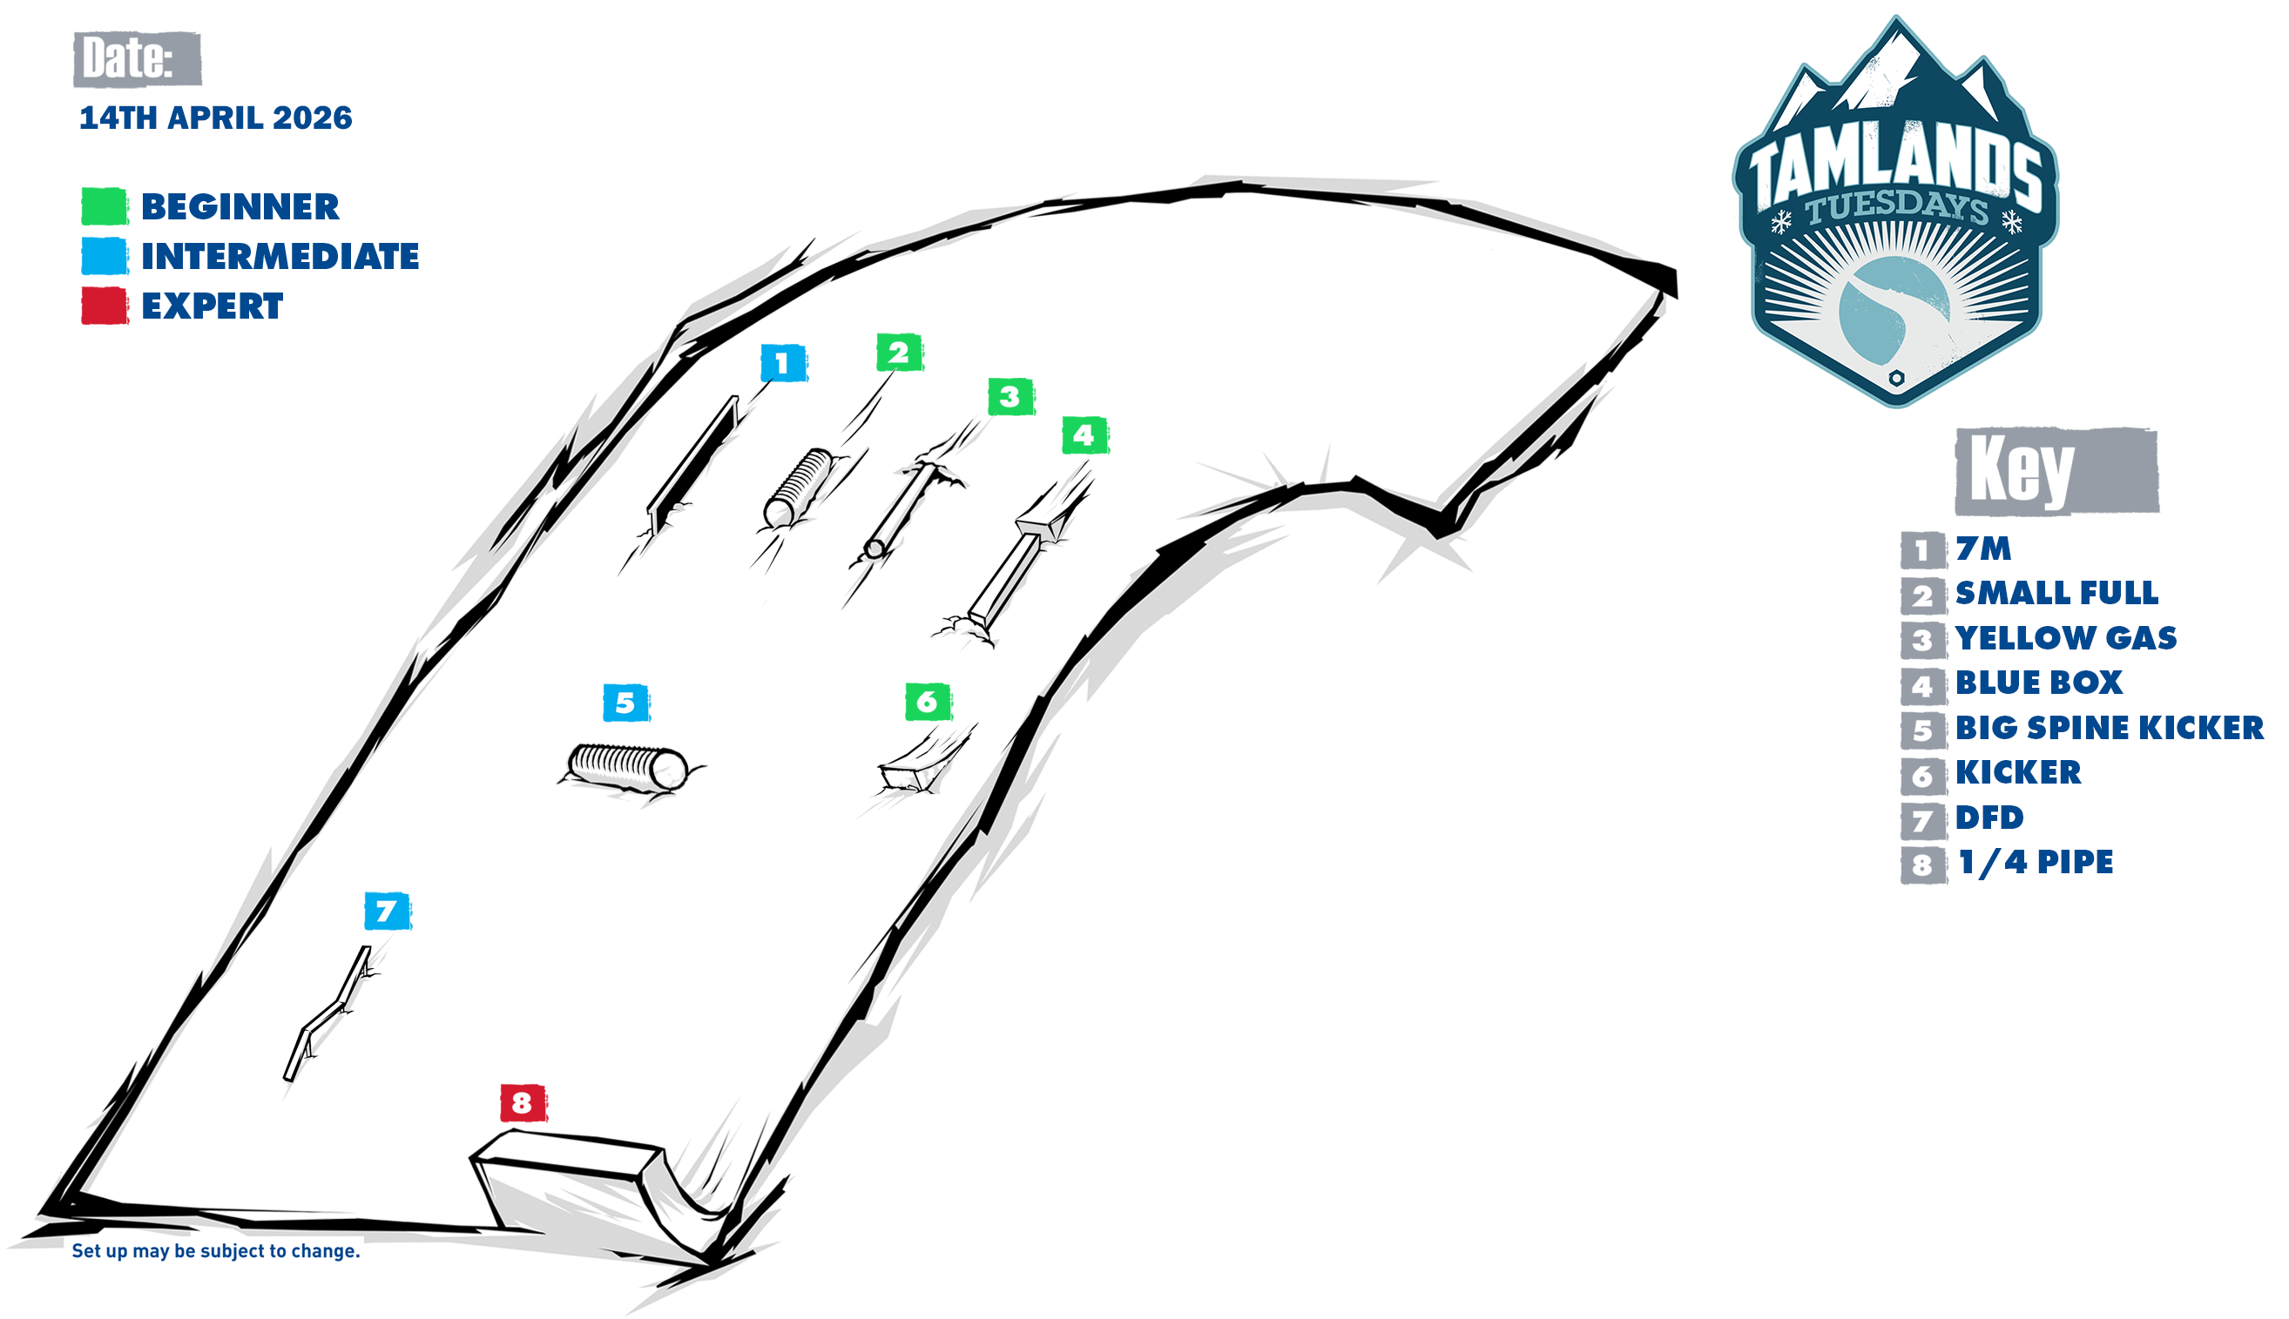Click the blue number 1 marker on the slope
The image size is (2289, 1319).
tap(782, 363)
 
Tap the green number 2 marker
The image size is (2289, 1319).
tap(898, 353)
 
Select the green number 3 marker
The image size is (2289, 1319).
tap(1009, 397)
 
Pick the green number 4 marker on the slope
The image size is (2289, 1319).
tap(1084, 435)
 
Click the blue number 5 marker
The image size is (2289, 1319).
tap(625, 703)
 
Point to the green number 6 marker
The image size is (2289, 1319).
tap(927, 702)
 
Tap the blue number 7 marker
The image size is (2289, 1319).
tap(387, 912)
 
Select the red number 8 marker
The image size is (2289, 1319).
tap(522, 1102)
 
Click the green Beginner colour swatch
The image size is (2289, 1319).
tap(105, 206)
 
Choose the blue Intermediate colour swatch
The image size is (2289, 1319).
tap(105, 256)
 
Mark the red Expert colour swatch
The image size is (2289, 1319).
tap(105, 306)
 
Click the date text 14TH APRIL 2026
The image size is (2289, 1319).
tap(216, 118)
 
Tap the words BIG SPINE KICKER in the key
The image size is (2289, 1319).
tap(2109, 728)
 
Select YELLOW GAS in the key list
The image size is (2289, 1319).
tap(2065, 638)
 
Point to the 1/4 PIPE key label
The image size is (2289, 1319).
tap(2036, 863)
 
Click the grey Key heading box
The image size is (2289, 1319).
tap(2056, 471)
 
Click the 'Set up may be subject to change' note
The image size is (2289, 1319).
tap(216, 1251)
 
